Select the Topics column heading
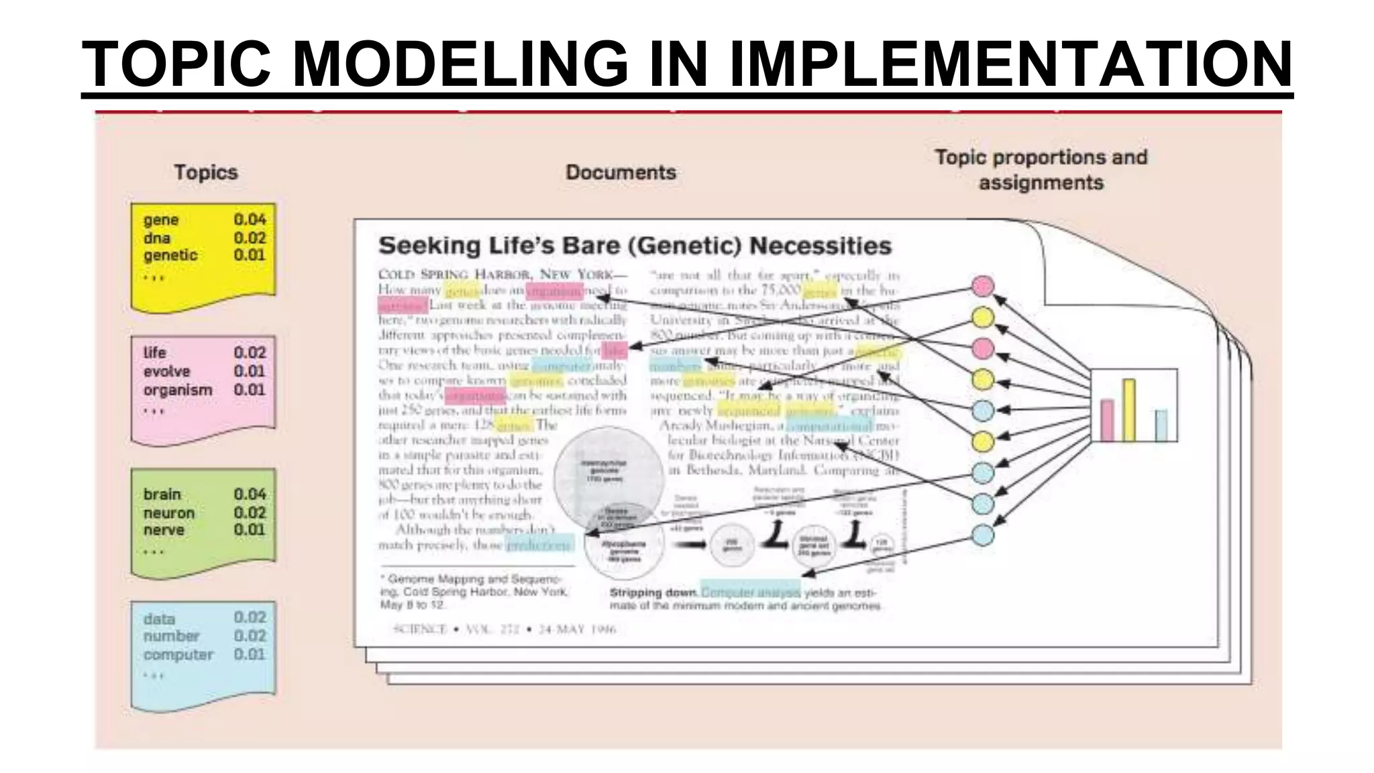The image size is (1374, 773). coord(206,172)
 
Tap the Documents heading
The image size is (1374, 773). coord(621,172)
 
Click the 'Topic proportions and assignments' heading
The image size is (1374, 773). coord(1041,170)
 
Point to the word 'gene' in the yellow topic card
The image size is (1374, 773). coord(161,220)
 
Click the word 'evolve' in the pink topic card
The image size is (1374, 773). coord(166,371)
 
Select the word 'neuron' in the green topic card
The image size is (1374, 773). coord(168,513)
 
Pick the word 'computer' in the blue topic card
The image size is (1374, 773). coord(178,654)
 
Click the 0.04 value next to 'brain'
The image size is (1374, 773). coord(250,495)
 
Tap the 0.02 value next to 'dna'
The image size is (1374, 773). coord(250,238)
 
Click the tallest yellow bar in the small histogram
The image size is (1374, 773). coord(1128,411)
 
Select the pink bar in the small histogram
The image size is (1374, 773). coord(1107,421)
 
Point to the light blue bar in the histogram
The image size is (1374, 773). coord(1161,425)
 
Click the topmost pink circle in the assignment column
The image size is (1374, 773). coord(983,287)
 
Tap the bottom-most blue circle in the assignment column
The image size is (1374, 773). coord(983,535)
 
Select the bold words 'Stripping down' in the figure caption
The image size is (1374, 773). coord(653,593)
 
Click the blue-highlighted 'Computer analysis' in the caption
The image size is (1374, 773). coord(750,592)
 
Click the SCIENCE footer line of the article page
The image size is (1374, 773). coord(504,629)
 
